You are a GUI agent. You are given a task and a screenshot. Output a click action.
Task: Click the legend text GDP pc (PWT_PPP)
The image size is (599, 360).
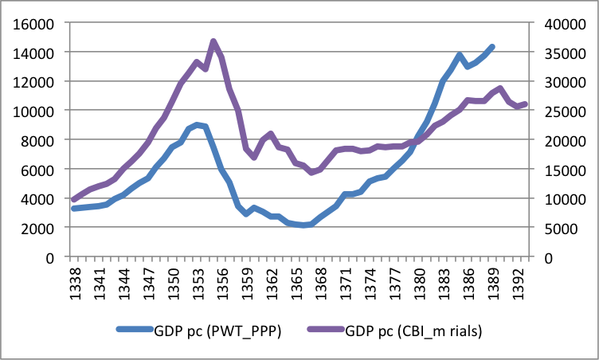pos(214,329)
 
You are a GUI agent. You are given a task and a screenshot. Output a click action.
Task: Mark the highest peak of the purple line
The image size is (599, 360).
pos(213,41)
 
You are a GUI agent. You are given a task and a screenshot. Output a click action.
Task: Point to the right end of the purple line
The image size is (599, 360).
pos(524,104)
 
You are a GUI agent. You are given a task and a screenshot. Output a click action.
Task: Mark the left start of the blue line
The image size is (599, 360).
pos(73,209)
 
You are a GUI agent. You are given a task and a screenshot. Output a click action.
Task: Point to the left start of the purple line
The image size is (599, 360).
pos(73,199)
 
